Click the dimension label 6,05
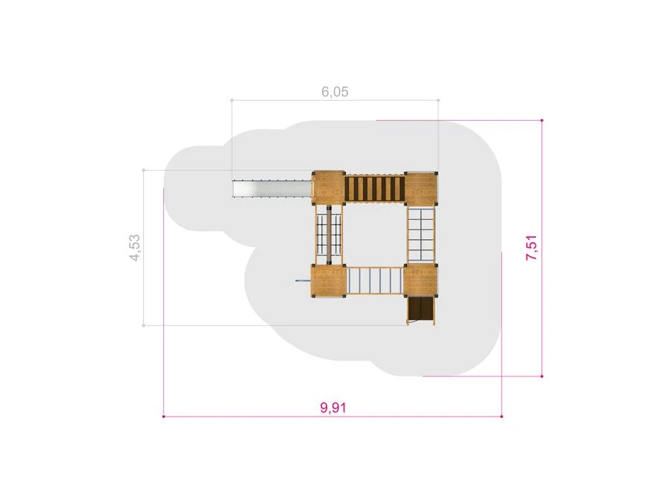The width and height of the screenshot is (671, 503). point(335,92)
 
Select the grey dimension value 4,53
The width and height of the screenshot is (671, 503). point(135,247)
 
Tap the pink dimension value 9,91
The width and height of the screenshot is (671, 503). point(333,408)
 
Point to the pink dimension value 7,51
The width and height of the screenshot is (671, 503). point(532,247)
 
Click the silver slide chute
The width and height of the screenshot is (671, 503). point(271,189)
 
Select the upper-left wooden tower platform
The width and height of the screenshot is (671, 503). point(328,188)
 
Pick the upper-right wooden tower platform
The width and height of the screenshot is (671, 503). point(421,188)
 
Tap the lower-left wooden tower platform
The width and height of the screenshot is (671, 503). point(328,281)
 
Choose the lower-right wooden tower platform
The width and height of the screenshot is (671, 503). point(420,281)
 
